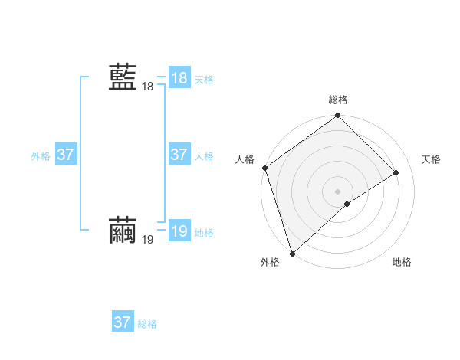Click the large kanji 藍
tap(123, 77)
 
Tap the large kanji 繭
tap(123, 231)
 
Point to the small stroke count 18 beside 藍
tap(147, 87)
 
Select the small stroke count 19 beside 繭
tap(147, 240)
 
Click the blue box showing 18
tap(179, 78)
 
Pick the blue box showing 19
tap(179, 231)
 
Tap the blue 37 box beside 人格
tap(179, 155)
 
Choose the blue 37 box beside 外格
tap(65, 155)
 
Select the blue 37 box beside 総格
tap(122, 322)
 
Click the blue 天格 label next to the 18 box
tap(204, 80)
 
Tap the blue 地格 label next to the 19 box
tap(204, 233)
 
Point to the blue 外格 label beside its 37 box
tap(41, 156)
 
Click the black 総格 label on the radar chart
tap(338, 100)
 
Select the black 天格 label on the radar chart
tap(431, 159)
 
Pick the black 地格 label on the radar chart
tap(402, 262)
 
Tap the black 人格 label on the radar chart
tap(245, 159)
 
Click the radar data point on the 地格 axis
tap(347, 204)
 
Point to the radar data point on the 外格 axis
tap(291, 253)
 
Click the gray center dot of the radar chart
tap(337, 191)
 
